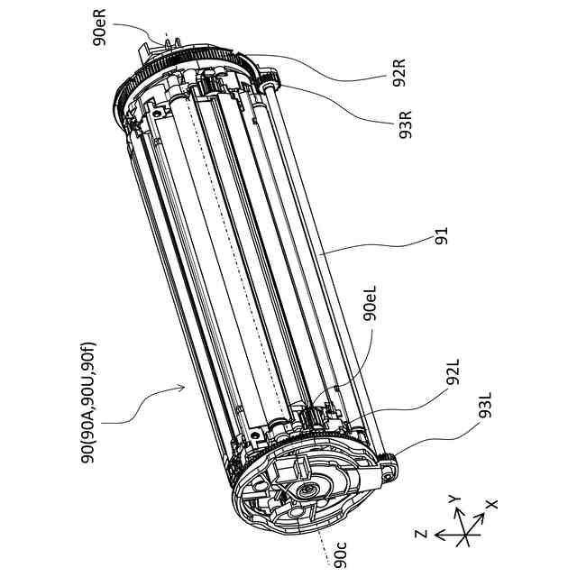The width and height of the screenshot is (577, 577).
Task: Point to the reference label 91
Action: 441,237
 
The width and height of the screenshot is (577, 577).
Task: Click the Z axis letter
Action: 420,534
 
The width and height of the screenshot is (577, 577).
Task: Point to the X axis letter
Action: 491,505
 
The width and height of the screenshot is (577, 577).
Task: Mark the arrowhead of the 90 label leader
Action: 184,386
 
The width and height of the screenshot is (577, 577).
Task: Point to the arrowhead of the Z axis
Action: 435,535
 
